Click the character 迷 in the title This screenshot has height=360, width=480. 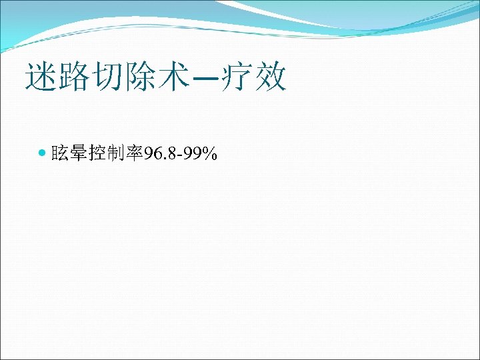tap(40, 77)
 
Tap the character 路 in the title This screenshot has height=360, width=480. tap(73, 77)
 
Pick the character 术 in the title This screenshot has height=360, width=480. tap(171, 77)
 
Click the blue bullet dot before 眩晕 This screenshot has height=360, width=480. tap(43, 154)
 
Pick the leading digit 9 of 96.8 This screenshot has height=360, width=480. tap(147, 155)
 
